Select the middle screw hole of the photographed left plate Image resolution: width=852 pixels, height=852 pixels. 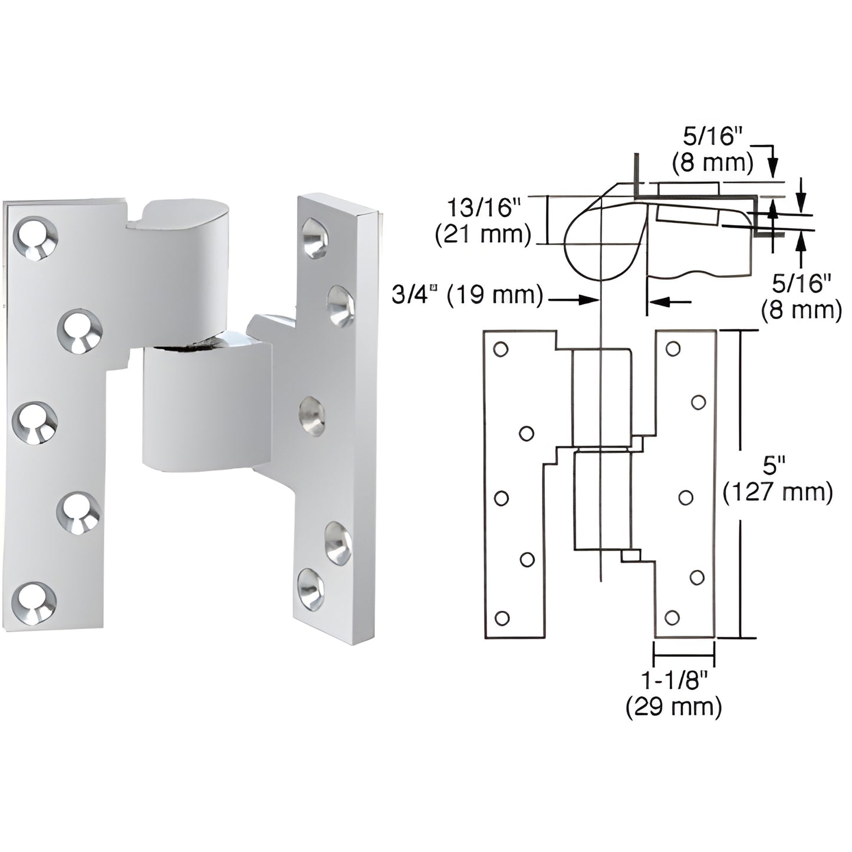35,422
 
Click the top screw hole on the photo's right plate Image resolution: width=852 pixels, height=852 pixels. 314,238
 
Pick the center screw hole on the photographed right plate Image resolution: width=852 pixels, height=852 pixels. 312,416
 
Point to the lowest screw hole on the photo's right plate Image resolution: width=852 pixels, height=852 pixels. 310,588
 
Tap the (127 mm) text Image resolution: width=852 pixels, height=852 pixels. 777,492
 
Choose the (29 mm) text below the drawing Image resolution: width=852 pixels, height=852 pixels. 673,706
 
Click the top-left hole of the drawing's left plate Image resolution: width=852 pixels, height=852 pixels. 501,350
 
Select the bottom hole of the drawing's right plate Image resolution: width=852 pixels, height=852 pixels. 672,617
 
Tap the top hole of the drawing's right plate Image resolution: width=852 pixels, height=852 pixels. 672,349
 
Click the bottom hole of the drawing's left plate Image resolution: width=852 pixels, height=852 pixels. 502,618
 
